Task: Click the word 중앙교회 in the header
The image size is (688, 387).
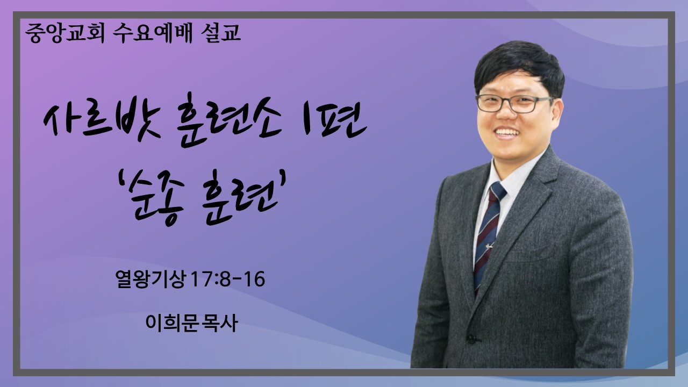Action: [65, 33]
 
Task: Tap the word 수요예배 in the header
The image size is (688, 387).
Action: [152, 33]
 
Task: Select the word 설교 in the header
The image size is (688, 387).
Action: [220, 33]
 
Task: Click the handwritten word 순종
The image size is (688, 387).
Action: [157, 198]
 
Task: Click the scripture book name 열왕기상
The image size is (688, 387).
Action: [151, 279]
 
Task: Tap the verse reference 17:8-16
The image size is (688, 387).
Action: [227, 279]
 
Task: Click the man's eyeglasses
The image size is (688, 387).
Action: [514, 104]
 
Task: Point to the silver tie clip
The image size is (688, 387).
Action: [489, 246]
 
